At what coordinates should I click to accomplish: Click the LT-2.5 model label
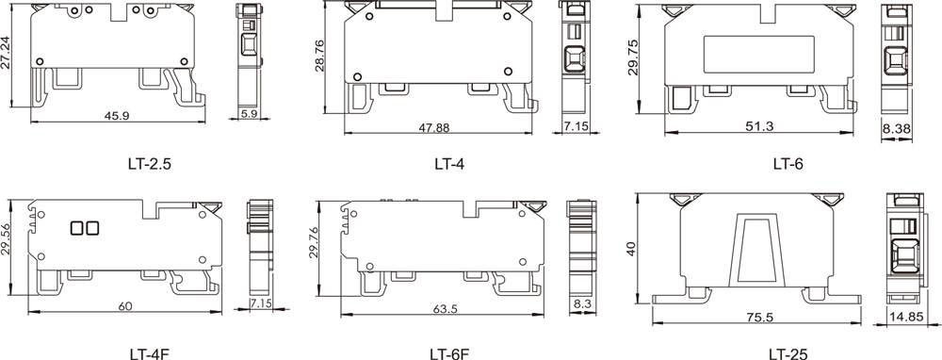150,163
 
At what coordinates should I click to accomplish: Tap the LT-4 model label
449,163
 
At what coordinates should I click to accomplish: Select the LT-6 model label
788,163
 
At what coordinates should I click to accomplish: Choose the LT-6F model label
448,354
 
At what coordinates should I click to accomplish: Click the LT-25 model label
788,354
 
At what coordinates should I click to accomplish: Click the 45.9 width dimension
117,115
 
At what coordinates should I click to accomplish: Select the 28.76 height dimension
319,56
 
